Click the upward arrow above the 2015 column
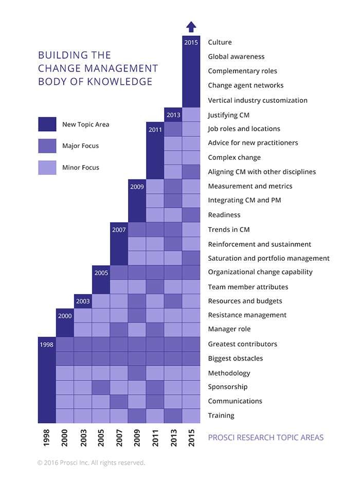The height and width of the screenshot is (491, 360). pos(191,27)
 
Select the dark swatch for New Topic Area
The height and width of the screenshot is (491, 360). pos(47,124)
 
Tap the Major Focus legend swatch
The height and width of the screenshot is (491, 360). pos(47,146)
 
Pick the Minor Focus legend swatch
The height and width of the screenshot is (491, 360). pos(47,168)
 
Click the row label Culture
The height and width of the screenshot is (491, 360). pos(220,42)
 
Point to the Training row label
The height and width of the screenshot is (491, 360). pos(221,415)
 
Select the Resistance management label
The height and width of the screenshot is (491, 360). pos(247,315)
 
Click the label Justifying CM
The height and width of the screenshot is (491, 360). pos(229,115)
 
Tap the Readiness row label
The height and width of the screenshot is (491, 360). pos(224,215)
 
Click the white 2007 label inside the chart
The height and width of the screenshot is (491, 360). pos(119,230)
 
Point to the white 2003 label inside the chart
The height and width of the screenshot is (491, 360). pos(83,301)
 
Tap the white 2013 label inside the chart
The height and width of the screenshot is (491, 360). pos(173,115)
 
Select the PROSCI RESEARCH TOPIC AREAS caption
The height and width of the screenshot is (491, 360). pos(266,438)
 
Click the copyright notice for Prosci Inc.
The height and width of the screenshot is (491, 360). pos(91,463)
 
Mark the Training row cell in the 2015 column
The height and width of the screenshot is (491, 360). pos(191,415)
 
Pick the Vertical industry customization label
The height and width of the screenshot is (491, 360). pos(257,100)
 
